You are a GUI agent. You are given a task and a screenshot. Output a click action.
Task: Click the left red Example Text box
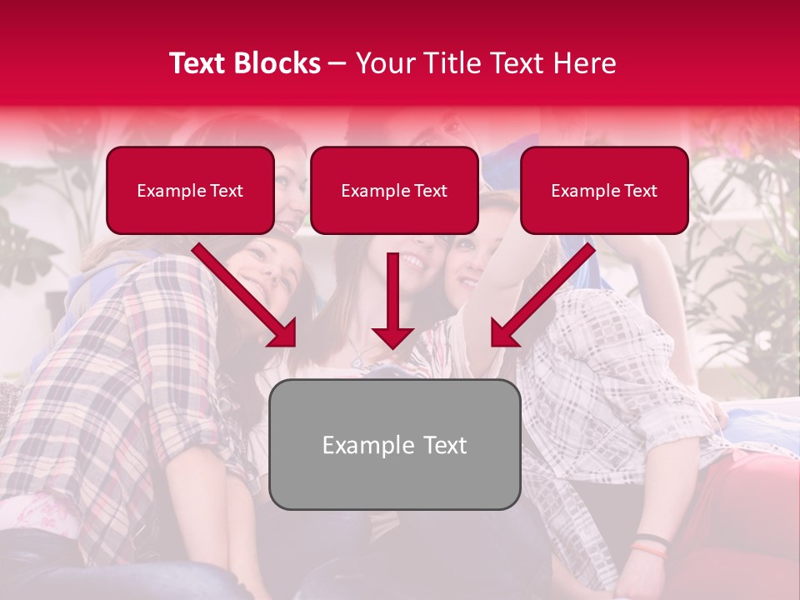tap(190, 191)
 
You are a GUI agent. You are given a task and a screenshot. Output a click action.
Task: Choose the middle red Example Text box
tap(394, 191)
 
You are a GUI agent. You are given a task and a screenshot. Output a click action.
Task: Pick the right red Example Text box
tap(604, 191)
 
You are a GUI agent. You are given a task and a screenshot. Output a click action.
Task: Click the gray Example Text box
tap(394, 444)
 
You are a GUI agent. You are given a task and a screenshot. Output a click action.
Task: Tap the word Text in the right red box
tap(640, 191)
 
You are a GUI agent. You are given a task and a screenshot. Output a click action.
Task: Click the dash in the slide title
tap(338, 63)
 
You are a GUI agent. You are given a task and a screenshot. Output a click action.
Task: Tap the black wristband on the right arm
tap(652, 539)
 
